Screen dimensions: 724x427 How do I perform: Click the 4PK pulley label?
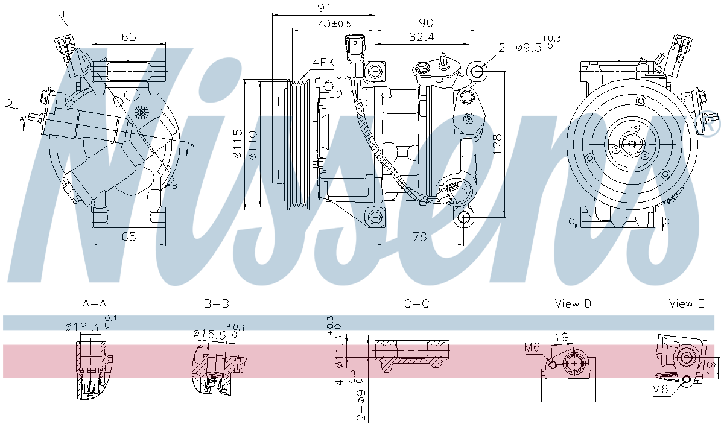click(323, 62)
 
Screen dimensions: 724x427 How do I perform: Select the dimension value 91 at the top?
click(324, 7)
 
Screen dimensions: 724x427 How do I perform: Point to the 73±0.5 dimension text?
click(334, 23)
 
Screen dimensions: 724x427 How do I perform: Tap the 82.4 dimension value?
click(422, 37)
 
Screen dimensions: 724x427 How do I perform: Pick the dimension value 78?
click(419, 237)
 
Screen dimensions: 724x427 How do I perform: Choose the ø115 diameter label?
click(238, 144)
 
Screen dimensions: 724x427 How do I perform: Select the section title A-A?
click(94, 303)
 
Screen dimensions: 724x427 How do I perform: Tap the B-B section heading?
click(217, 303)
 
